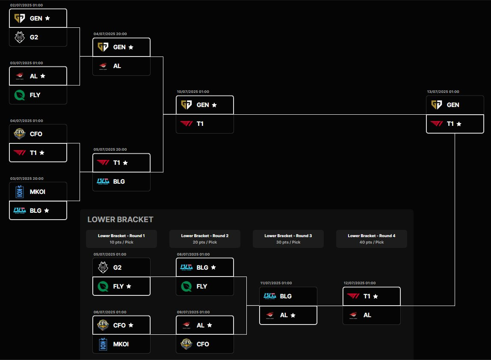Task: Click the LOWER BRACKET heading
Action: (120, 220)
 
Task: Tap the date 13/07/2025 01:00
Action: (443, 92)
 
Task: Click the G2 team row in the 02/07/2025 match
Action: (38, 37)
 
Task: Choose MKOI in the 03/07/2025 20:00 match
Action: (38, 192)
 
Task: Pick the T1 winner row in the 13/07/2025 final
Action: (455, 124)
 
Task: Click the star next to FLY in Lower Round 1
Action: (129, 286)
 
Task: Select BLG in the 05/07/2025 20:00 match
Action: (121, 181)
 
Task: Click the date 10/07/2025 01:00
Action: (192, 92)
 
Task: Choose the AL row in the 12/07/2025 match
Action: (371, 315)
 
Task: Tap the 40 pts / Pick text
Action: (371, 242)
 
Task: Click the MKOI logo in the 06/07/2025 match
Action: (103, 344)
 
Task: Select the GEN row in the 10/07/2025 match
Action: (204, 105)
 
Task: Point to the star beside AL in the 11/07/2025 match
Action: (293, 315)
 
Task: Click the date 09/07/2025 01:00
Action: (193, 312)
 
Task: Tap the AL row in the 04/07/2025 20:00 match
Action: (121, 66)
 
